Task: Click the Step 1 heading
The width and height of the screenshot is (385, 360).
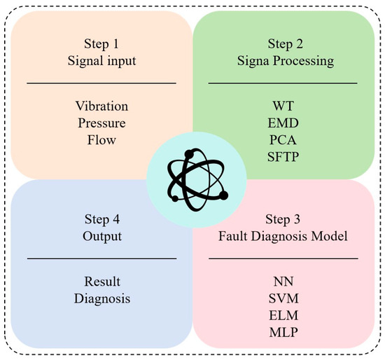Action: point(101,42)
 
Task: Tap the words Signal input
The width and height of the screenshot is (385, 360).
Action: point(101,60)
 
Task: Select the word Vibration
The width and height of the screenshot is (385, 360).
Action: point(101,106)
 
